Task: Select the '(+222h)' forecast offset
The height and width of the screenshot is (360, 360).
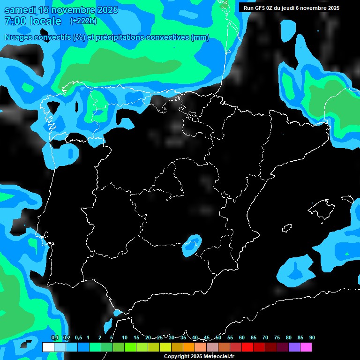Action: pos(83,21)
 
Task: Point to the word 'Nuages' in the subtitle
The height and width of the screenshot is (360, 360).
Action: pos(19,37)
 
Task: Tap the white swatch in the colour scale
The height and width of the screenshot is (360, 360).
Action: pos(48,347)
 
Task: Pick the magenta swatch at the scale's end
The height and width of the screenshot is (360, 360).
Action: pos(306,347)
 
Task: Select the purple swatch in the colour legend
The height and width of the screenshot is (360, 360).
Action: pos(294,347)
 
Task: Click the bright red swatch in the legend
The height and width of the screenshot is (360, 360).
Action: pos(247,347)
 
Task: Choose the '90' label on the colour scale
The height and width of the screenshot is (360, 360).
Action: pos(312,338)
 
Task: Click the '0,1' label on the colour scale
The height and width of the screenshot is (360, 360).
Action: pos(54,338)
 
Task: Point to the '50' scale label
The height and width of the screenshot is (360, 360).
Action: pos(218,338)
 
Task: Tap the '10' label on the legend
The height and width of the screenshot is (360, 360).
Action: pos(125,338)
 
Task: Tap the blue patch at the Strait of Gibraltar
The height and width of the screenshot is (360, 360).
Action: pos(117,313)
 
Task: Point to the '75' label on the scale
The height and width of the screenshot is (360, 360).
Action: pos(277,338)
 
